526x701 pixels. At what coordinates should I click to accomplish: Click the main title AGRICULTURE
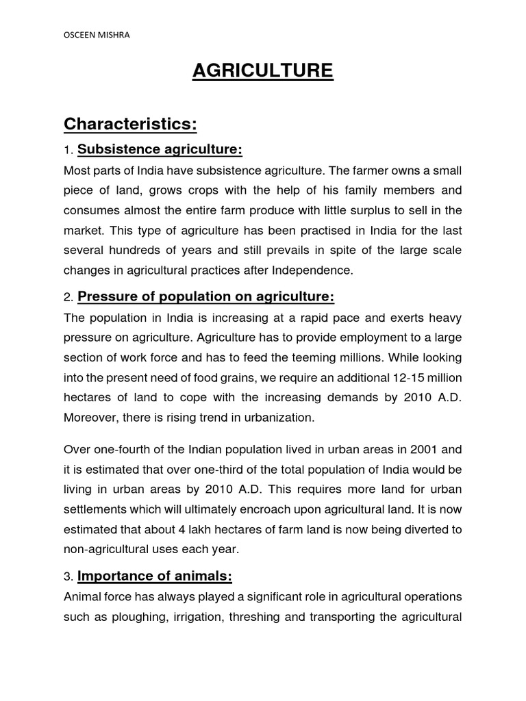[x=263, y=71]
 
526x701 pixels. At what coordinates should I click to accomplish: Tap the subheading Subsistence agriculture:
[x=160, y=149]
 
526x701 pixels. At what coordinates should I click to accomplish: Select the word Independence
[x=313, y=270]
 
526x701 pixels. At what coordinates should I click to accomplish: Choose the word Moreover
[x=91, y=417]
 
